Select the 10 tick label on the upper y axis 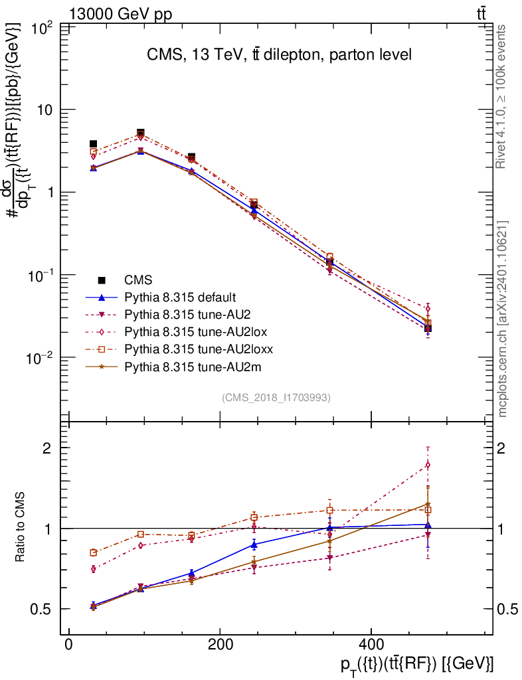[45, 110]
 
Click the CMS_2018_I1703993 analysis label [276, 398]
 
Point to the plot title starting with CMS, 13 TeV [279, 55]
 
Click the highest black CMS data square [141, 133]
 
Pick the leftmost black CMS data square [94, 144]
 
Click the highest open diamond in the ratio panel [428, 464]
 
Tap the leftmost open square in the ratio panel [94, 552]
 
